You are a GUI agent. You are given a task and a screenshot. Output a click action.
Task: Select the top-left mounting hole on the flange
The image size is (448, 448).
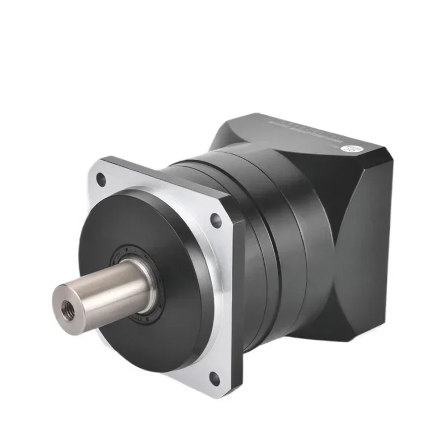coord(101,179)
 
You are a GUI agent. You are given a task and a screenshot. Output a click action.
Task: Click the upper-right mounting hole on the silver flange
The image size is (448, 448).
coord(215,220)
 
